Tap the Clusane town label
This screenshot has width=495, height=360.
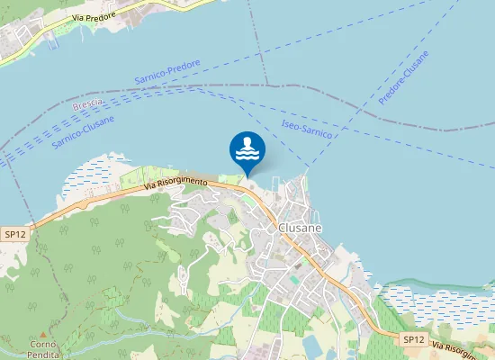click(x=300, y=229)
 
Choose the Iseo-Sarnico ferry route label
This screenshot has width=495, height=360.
click(x=307, y=129)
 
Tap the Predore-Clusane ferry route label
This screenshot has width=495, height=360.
click(x=404, y=78)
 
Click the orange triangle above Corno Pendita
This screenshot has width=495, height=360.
click(x=43, y=334)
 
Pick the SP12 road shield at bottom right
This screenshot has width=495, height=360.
click(x=411, y=339)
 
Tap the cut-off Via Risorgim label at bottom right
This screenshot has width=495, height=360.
click(x=463, y=347)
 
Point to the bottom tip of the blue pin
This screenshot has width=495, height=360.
click(x=247, y=175)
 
